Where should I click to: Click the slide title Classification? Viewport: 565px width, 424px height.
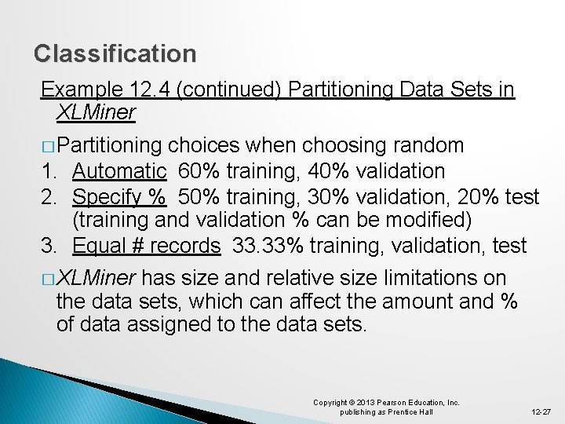pyautogui.click(x=115, y=54)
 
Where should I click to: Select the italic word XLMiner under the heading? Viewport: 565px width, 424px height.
pyautogui.click(x=96, y=112)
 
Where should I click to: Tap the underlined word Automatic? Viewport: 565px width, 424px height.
pyautogui.click(x=119, y=171)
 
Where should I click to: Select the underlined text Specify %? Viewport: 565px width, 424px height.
pyautogui.click(x=119, y=197)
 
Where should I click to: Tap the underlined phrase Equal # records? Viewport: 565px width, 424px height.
pyautogui.click(x=146, y=246)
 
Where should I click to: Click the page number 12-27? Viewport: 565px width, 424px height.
pyautogui.click(x=541, y=411)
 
